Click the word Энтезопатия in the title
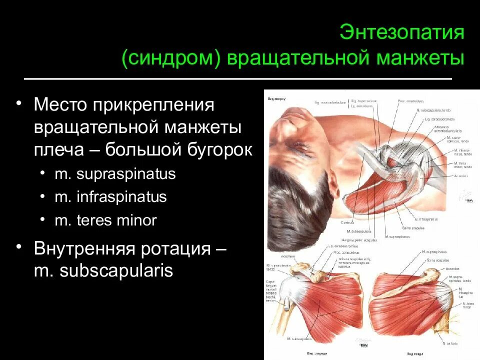click(402, 33)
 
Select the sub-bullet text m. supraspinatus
click(115, 174)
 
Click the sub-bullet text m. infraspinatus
click(110, 197)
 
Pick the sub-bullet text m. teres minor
click(105, 220)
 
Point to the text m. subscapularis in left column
click(103, 271)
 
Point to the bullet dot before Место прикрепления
click(18, 103)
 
